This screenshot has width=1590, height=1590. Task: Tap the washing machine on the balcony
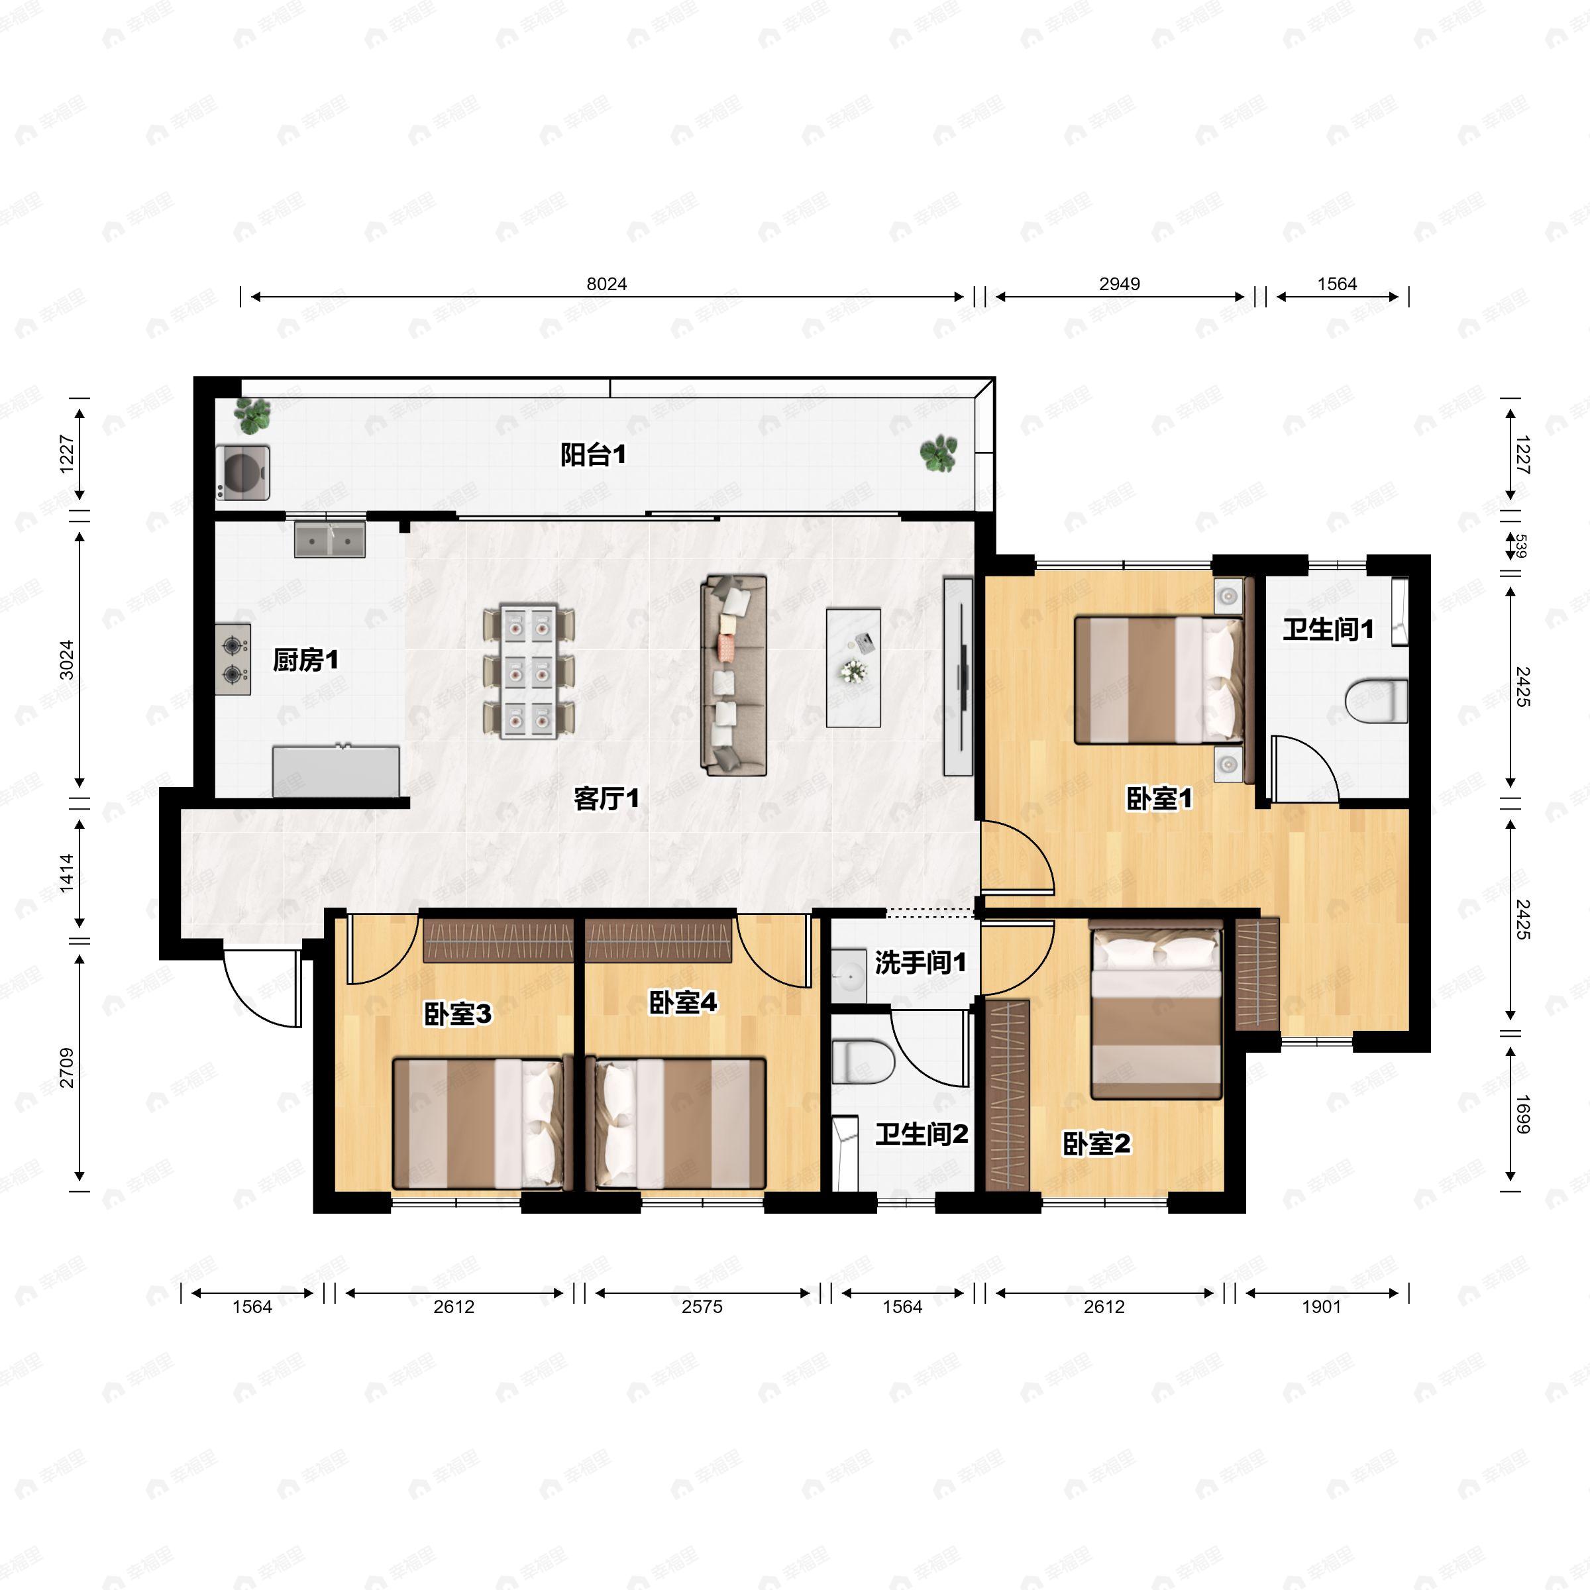[x=244, y=472]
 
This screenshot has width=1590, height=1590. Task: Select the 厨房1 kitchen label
[x=305, y=660]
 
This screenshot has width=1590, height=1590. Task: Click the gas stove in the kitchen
[x=233, y=659]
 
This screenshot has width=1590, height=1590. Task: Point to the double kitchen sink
[x=330, y=539]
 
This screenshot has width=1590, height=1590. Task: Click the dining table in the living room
[x=527, y=672]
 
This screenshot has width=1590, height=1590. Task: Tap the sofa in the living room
[x=733, y=676]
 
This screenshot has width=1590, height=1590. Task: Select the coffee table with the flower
[x=853, y=667]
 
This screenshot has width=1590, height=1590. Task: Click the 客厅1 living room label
[x=607, y=798]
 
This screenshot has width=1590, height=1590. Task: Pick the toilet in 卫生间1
[x=1376, y=701]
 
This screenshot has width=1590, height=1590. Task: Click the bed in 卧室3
[x=482, y=1124]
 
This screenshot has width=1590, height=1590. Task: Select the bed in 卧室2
[x=1156, y=1013]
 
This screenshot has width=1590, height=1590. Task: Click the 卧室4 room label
[x=683, y=1002]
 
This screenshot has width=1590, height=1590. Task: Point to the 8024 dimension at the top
[x=607, y=284]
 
